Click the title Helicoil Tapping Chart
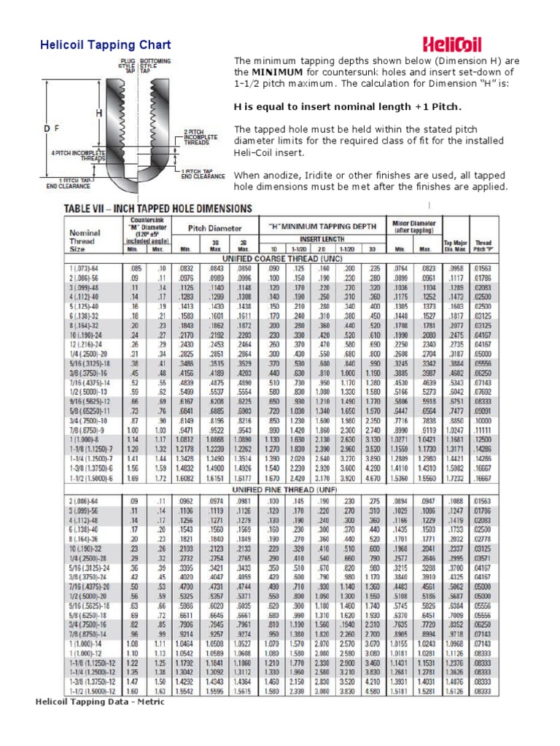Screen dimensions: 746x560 pos(105,45)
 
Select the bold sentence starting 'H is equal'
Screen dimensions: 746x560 pos(347,106)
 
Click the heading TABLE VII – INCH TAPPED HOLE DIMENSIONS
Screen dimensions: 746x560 pos(158,208)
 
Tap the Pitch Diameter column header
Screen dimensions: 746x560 pos(214,227)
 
